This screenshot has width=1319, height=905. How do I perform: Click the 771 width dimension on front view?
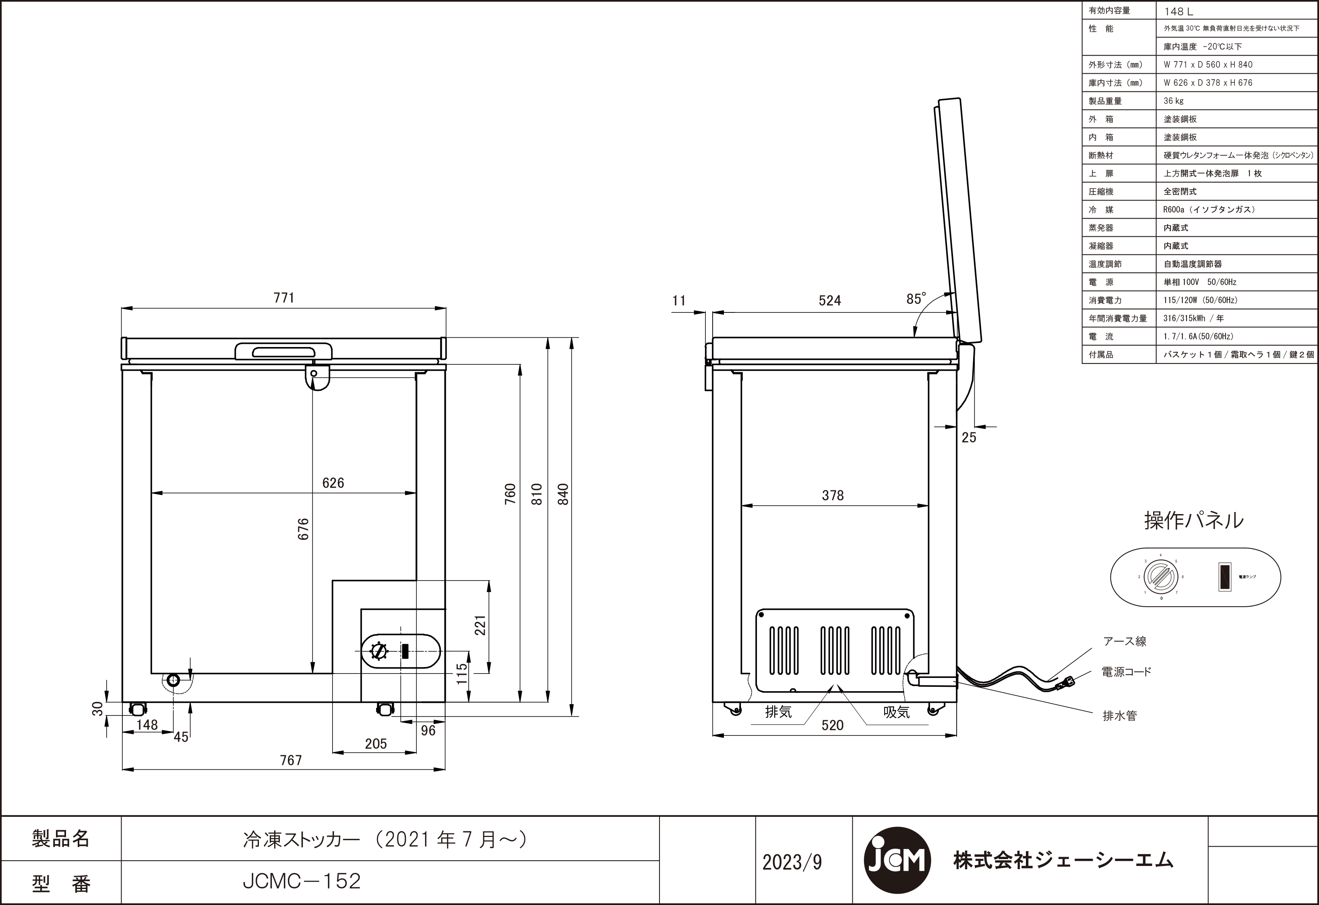[x=284, y=298]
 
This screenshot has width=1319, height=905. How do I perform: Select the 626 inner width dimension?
[x=333, y=483]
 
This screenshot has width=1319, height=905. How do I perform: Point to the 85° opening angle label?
[x=916, y=299]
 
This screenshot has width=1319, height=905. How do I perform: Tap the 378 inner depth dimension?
[x=833, y=495]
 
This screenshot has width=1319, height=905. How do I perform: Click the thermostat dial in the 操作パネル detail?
[x=1160, y=576]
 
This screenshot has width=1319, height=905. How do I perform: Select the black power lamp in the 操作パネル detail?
[x=1225, y=577]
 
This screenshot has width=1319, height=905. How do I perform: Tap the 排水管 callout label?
[x=1119, y=716]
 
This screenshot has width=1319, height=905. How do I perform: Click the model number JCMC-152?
[x=302, y=881]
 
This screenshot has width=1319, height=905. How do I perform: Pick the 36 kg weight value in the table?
[x=1173, y=101]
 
